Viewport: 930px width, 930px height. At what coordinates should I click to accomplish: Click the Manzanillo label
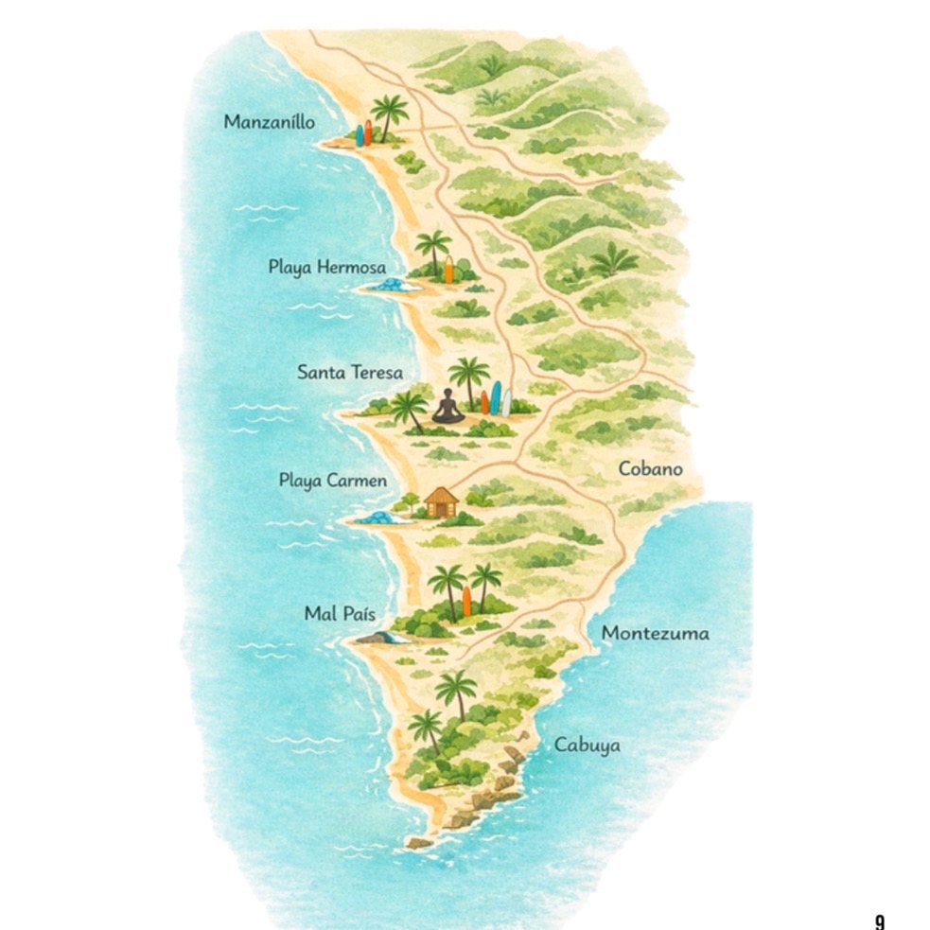(x=270, y=122)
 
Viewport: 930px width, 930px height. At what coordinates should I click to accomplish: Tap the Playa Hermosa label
(x=326, y=268)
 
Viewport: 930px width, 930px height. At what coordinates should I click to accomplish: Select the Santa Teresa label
(x=350, y=373)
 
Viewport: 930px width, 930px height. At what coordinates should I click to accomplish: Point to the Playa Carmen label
(x=332, y=481)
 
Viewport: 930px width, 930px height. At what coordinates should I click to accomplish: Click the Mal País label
(x=340, y=614)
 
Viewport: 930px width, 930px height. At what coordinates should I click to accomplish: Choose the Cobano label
(x=650, y=469)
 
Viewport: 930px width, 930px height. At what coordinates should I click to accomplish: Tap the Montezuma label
(x=655, y=633)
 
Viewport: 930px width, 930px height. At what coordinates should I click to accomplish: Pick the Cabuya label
(x=587, y=746)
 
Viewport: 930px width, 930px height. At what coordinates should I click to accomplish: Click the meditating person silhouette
(x=448, y=407)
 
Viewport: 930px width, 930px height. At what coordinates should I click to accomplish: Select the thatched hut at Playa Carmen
(x=441, y=501)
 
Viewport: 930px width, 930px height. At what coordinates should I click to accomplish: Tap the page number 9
(x=880, y=920)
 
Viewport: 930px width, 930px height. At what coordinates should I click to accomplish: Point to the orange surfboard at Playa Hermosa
(x=449, y=269)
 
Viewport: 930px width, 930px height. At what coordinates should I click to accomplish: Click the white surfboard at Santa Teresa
(x=506, y=402)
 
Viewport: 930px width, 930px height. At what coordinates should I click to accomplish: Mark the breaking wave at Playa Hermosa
(x=389, y=285)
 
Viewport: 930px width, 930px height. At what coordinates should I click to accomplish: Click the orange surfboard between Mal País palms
(x=466, y=600)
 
